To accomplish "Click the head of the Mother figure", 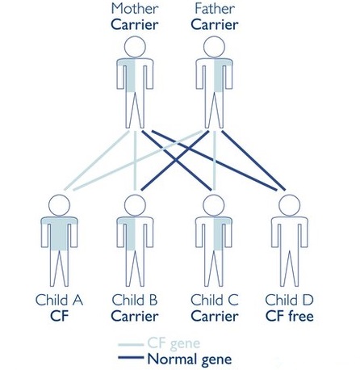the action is click(135, 47).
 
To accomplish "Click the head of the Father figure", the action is click(214, 47).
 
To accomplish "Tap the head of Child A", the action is click(60, 205).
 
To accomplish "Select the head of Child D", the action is click(290, 205).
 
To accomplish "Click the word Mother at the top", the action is click(135, 9).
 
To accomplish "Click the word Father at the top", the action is click(215, 9).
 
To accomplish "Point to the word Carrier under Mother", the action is click(135, 25).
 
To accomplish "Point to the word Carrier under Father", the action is click(215, 25).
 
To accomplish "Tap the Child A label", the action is click(59, 300).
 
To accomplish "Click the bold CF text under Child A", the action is click(60, 316).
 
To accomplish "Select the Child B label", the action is click(135, 300).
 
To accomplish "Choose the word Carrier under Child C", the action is click(215, 316).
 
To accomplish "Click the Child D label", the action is click(290, 300).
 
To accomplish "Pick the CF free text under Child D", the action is click(290, 316).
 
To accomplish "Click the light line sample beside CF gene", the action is click(131, 344).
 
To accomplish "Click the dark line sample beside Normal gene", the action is click(131, 357).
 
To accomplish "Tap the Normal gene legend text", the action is click(190, 359).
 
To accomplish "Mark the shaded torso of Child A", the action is click(60, 233).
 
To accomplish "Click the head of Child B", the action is click(135, 205).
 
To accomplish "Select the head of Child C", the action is click(214, 205).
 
